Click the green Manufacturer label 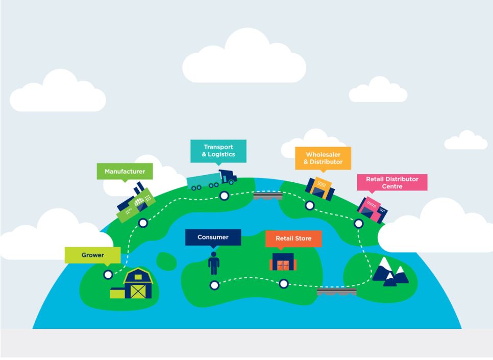[125, 172]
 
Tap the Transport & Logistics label [218, 151]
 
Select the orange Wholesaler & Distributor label [323, 158]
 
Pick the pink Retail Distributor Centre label [392, 182]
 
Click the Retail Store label [293, 238]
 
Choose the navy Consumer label [213, 237]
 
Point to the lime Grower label [92, 255]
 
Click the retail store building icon [283, 261]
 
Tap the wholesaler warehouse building [320, 188]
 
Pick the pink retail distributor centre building [372, 209]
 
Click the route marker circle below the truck [224, 196]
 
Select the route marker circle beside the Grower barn [108, 275]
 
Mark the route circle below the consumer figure [214, 285]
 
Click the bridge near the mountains [336, 292]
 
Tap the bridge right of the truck [268, 196]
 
